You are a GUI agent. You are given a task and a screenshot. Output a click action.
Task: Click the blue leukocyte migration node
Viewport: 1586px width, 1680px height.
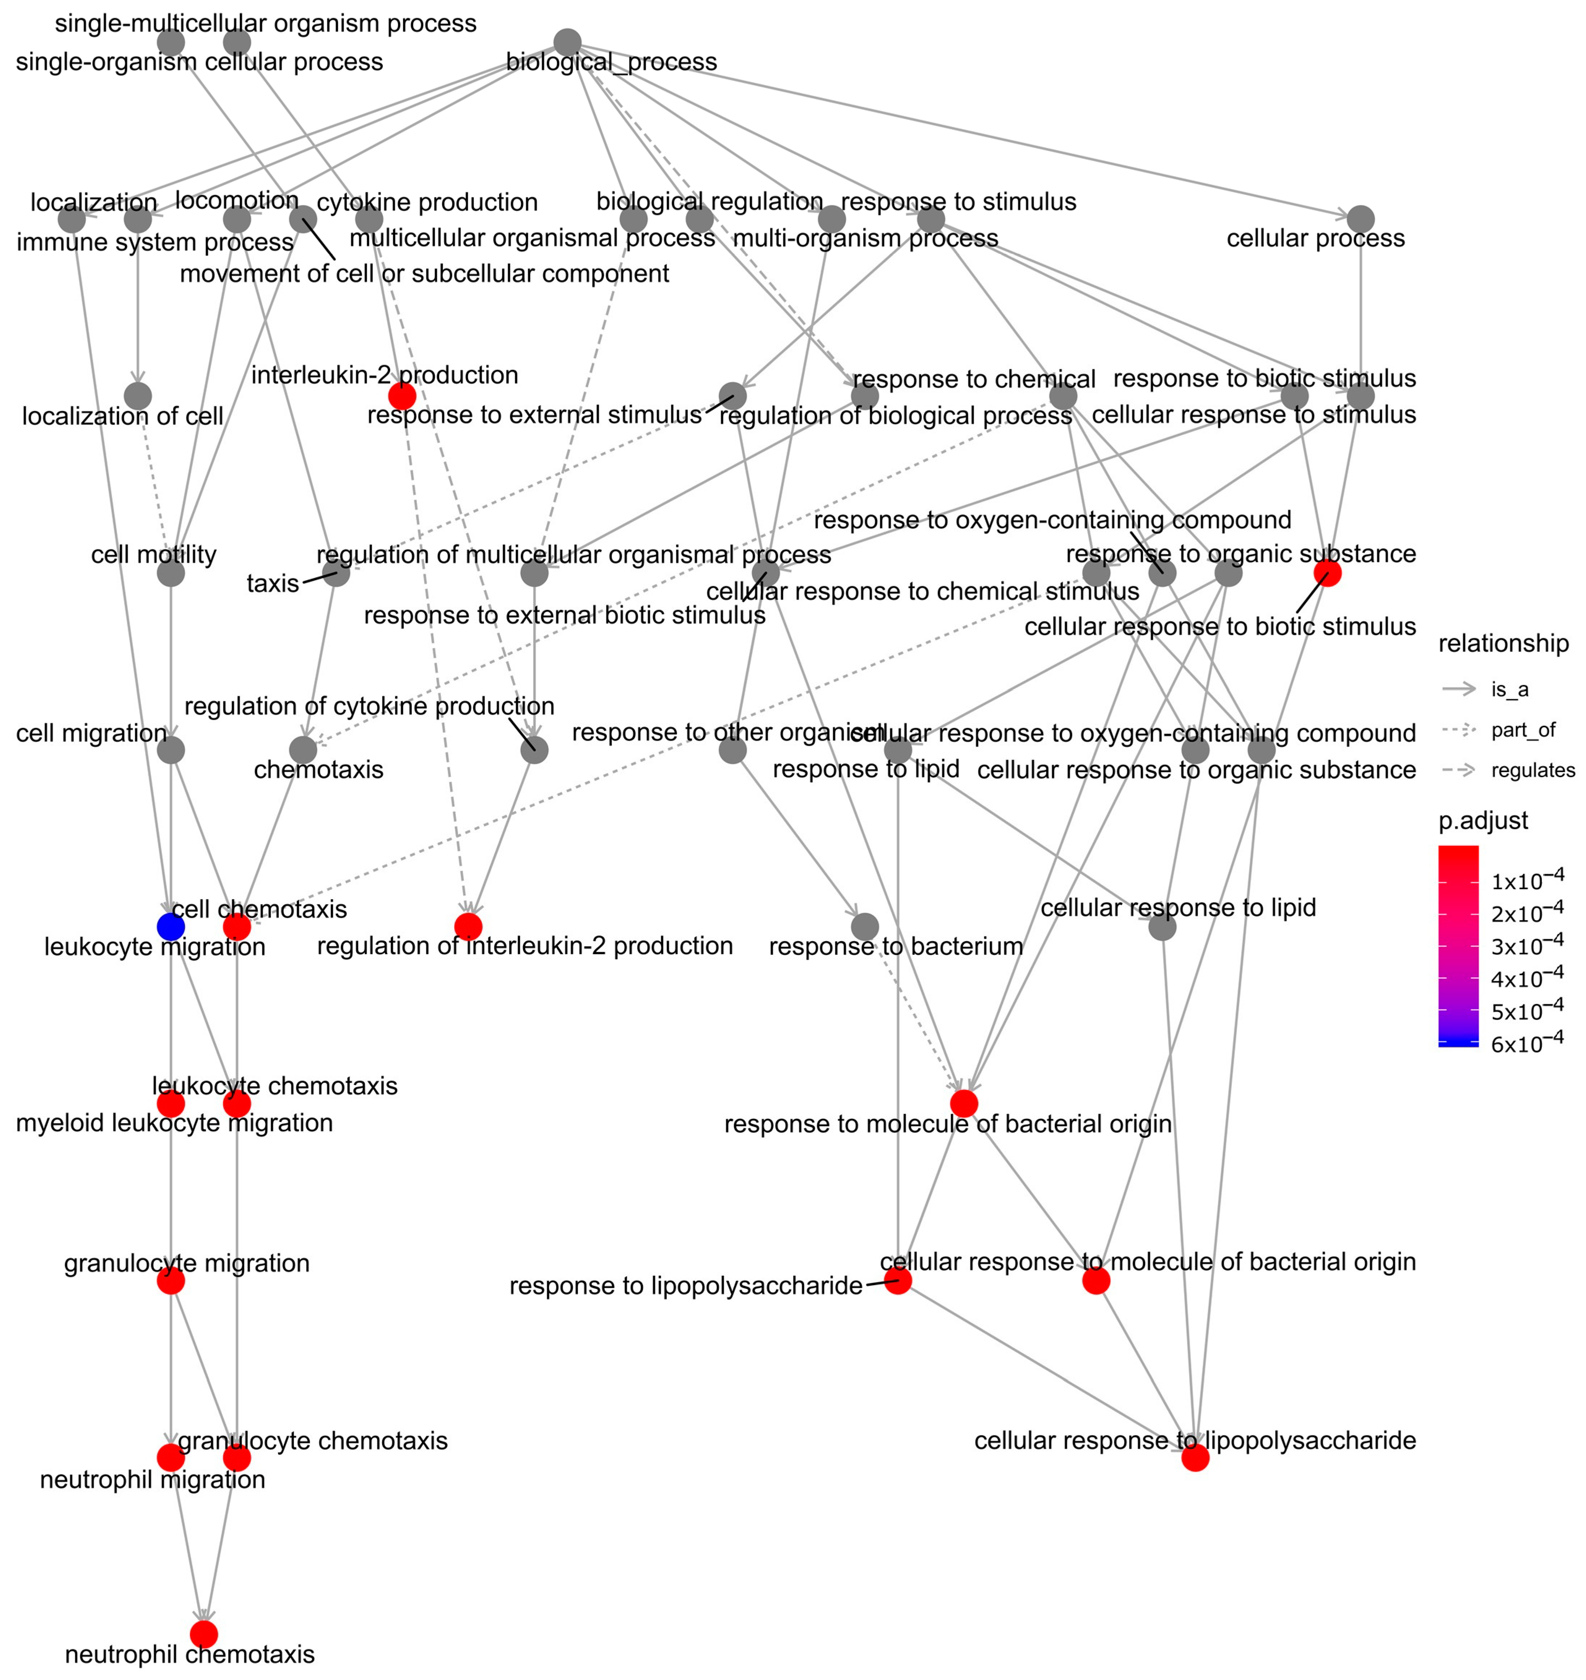click(171, 927)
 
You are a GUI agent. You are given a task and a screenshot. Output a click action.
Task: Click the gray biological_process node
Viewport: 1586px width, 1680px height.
click(567, 42)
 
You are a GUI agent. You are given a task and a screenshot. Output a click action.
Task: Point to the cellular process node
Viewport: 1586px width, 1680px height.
click(1360, 219)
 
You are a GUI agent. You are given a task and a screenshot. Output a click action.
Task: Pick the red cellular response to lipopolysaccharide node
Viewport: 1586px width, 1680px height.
click(1194, 1458)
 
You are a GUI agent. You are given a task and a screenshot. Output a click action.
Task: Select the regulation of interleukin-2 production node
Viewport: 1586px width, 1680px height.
click(468, 927)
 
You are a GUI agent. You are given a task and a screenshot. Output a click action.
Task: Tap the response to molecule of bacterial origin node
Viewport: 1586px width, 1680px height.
click(964, 1103)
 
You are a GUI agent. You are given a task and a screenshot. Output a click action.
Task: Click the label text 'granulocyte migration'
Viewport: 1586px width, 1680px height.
click(187, 1263)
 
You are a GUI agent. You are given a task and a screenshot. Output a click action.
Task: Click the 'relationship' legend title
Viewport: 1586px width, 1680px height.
click(1503, 643)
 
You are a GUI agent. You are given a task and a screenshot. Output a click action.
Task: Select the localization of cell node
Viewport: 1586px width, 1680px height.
click(138, 396)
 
